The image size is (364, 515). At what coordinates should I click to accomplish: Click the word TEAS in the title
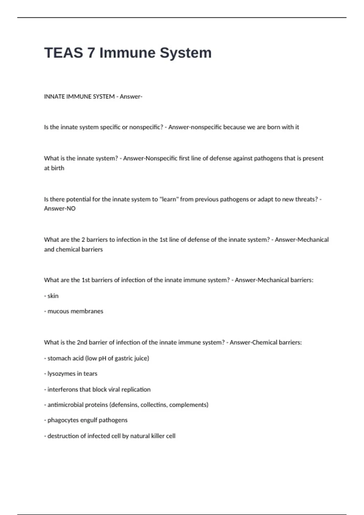63,53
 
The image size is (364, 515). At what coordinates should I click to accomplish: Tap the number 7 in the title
91,53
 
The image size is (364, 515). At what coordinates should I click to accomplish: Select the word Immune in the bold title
127,53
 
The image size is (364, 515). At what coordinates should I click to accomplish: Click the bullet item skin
53,296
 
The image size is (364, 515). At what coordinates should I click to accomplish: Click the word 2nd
82,343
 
